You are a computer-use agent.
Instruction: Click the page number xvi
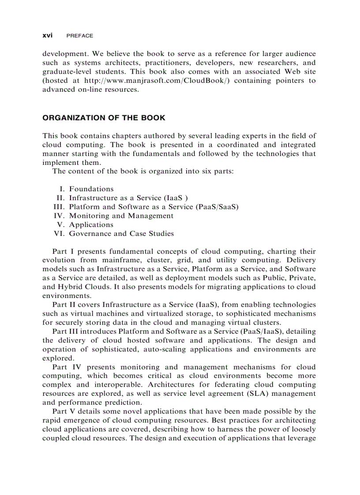point(47,36)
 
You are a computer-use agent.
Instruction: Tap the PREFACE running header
point(80,36)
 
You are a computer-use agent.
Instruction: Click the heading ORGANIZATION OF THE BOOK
point(104,118)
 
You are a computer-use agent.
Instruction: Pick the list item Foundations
point(91,189)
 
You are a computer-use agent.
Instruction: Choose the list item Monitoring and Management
point(121,216)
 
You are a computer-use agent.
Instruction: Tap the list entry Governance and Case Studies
point(121,234)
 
